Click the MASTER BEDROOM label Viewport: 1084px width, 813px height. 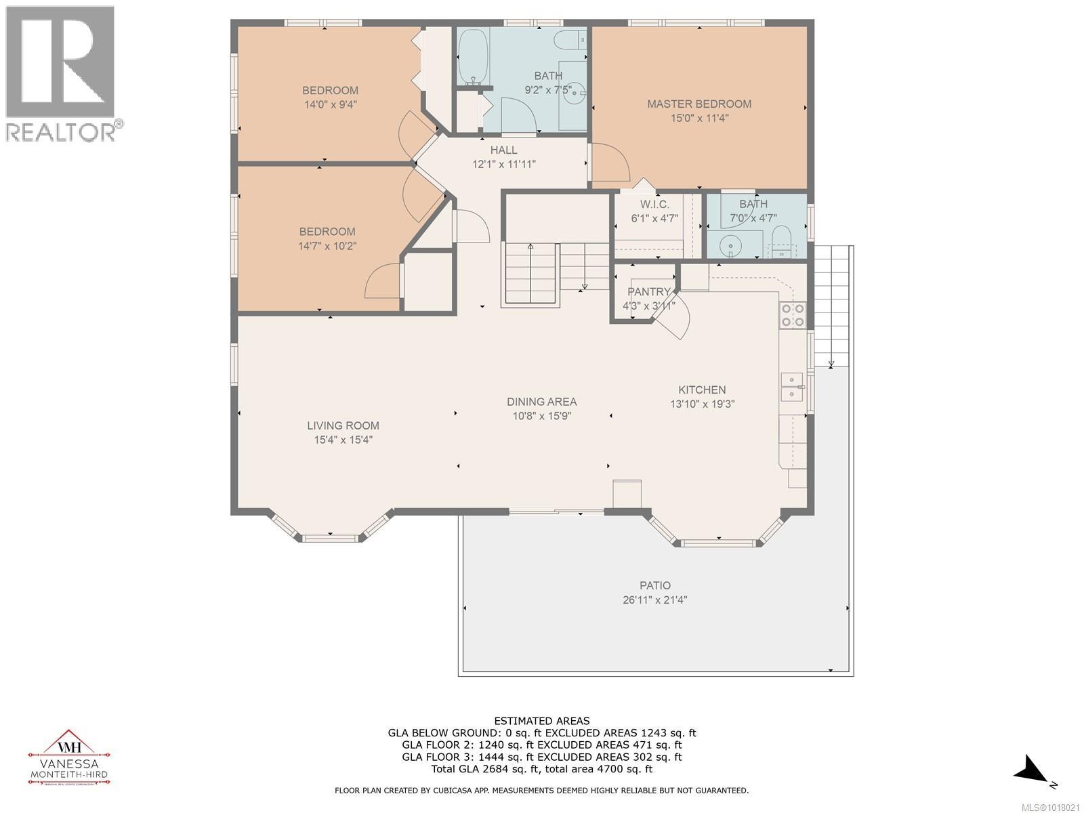(x=699, y=104)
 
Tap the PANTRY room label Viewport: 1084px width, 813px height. (x=648, y=291)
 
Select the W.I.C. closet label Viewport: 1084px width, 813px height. (x=654, y=204)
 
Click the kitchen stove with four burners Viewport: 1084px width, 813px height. (x=793, y=315)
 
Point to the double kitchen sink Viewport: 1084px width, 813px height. (x=791, y=386)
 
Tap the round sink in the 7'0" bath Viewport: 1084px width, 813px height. (x=728, y=244)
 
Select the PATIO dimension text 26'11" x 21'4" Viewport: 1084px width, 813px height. (x=654, y=600)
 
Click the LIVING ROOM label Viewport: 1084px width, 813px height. (x=343, y=425)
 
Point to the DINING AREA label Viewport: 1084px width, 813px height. (x=541, y=402)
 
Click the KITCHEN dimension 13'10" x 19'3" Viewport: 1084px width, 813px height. (x=702, y=404)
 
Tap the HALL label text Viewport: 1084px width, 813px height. (x=503, y=150)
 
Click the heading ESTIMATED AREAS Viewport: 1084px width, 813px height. (x=541, y=721)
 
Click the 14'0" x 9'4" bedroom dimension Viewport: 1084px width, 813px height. (x=330, y=104)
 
